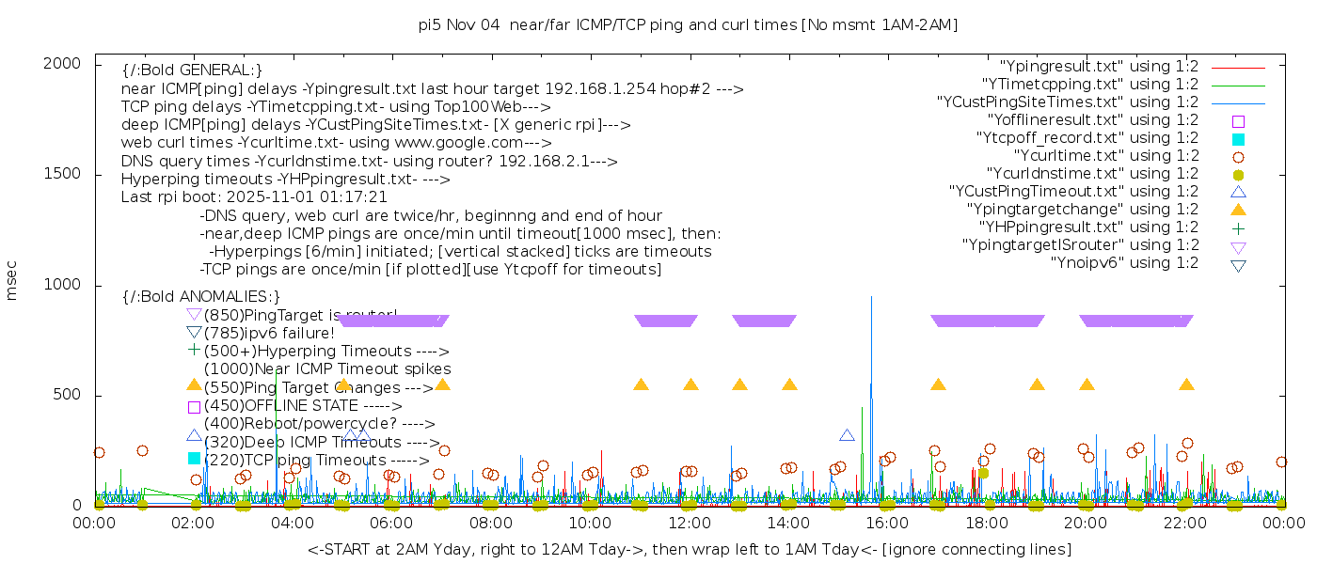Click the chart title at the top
tap(688, 25)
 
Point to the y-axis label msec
tap(12, 281)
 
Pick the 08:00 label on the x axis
tap(491, 523)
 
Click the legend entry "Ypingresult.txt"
tap(1098, 67)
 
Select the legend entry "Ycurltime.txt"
tap(1105, 156)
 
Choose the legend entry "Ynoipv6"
tap(1124, 263)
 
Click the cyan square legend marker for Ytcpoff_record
tap(1238, 139)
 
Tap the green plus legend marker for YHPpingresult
tap(1238, 228)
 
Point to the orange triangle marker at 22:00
tap(1186, 384)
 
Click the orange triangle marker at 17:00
tap(938, 384)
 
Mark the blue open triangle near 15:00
tap(847, 435)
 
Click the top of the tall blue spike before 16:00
tap(871, 297)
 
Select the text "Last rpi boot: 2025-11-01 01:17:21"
tap(254, 197)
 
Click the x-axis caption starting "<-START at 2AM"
tap(689, 549)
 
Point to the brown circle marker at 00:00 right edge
tap(1281, 462)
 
